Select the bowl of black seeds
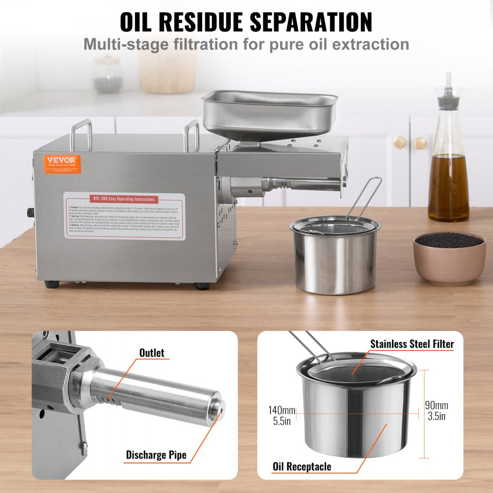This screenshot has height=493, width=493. click(x=449, y=256)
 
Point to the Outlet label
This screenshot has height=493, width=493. click(x=152, y=352)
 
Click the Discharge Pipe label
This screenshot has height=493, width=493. click(x=156, y=454)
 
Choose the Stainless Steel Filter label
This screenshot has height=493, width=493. click(x=412, y=344)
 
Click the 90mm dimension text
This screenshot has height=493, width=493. click(x=436, y=405)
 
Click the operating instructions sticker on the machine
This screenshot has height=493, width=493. click(x=124, y=216)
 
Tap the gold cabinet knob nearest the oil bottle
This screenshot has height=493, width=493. click(x=420, y=143)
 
